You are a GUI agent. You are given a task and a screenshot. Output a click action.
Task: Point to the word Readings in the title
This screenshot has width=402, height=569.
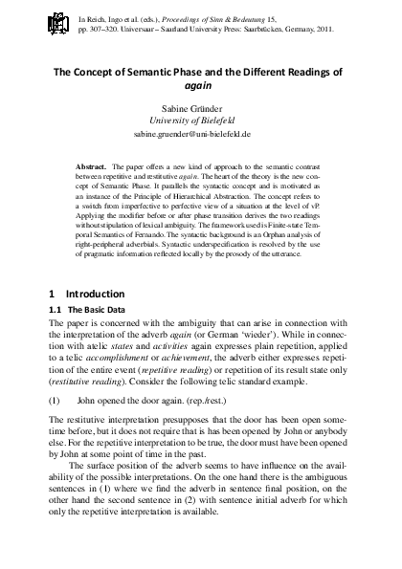tap(305, 69)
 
